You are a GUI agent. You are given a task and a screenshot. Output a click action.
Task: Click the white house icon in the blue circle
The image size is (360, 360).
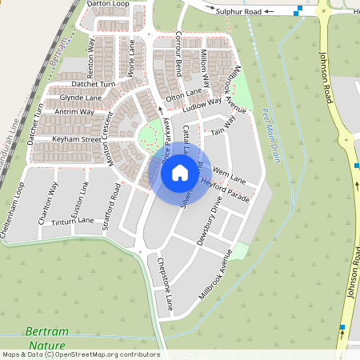coord(180,171)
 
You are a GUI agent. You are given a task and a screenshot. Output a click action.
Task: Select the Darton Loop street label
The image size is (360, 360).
coord(108,4)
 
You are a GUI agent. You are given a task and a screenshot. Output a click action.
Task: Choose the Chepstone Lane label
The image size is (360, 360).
coord(165,273)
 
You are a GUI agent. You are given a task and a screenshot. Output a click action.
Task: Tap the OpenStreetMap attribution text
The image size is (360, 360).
coord(80,354)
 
